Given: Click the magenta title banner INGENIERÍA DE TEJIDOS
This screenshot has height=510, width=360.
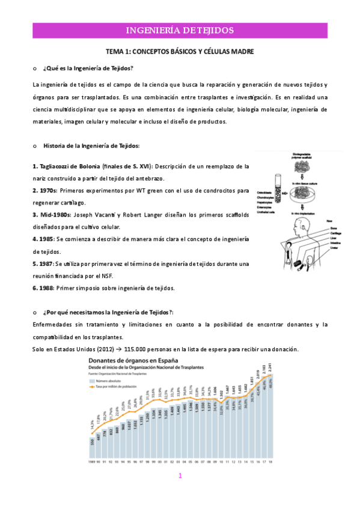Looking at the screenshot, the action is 180,30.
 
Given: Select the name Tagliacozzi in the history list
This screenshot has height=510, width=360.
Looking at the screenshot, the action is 59,166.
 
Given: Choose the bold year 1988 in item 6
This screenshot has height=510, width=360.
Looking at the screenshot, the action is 46,288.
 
